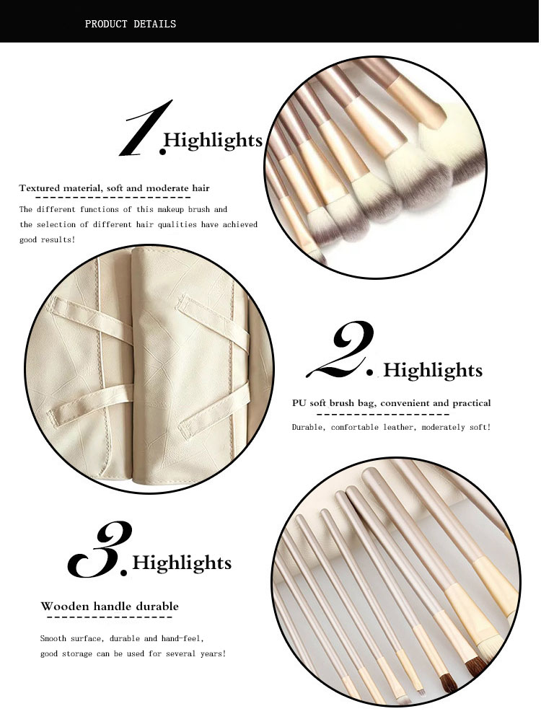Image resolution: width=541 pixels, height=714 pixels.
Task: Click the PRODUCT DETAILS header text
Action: tap(130, 24)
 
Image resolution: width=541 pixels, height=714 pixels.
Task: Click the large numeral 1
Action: tap(146, 130)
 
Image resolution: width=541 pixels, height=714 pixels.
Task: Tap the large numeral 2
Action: tap(343, 351)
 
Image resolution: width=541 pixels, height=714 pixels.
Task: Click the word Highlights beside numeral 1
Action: tap(213, 140)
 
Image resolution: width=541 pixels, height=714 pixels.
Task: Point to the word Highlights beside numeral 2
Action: tap(433, 371)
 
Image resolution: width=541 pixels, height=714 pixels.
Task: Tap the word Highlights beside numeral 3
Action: tap(182, 563)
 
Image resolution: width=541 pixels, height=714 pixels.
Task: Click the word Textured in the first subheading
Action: tap(39, 188)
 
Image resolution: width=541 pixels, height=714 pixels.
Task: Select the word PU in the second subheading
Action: tap(299, 403)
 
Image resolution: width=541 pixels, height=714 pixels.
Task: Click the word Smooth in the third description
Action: tap(56, 639)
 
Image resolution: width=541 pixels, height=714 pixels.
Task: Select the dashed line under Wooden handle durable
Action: tap(109, 617)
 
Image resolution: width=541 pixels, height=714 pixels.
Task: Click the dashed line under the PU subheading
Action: tap(383, 415)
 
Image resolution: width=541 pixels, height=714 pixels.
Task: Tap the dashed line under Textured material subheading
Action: tap(113, 197)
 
